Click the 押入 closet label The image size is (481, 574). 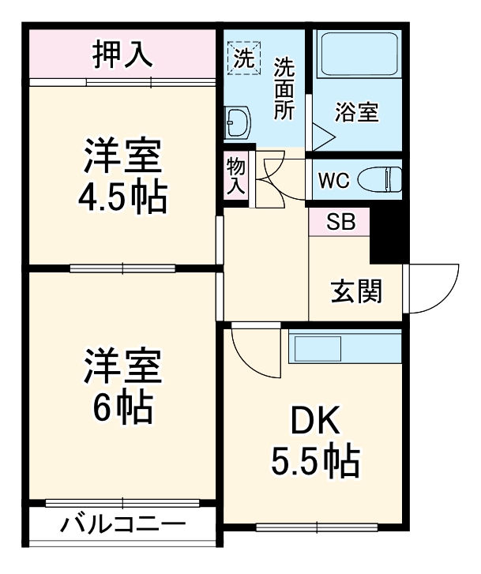[x=122, y=55]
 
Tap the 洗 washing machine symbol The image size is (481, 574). [x=242, y=57]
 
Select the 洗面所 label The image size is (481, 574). [x=283, y=88]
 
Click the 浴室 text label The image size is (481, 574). [x=356, y=112]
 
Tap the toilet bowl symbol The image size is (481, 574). [x=380, y=179]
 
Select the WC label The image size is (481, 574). [x=335, y=179]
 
